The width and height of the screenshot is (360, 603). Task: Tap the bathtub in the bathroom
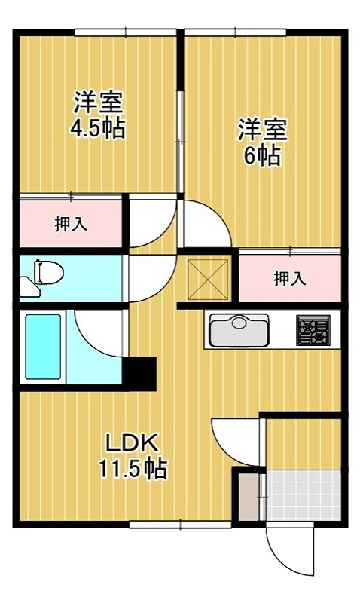(x=43, y=346)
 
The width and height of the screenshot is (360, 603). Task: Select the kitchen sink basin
(x=238, y=330)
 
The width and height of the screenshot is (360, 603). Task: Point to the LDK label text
(x=131, y=441)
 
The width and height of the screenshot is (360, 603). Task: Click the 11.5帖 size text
(x=133, y=470)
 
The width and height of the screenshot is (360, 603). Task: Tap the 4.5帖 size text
(x=97, y=128)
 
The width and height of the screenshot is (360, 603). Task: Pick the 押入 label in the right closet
(x=289, y=279)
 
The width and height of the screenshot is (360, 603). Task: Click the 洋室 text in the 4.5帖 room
(x=98, y=102)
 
